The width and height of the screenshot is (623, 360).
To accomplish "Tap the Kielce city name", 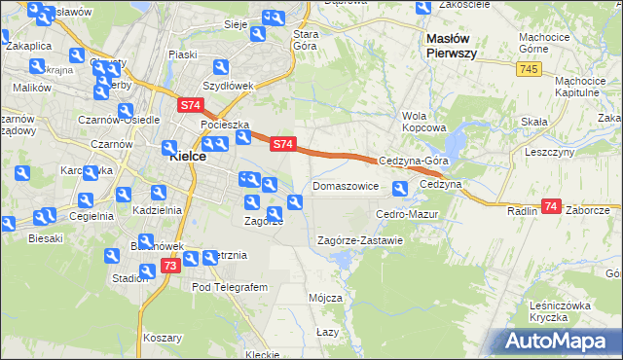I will tap(186, 156).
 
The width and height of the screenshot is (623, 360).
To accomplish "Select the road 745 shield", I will tap(529, 68).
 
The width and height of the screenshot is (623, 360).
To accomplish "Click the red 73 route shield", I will tap(169, 265).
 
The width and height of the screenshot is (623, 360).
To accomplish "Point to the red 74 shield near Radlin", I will tap(552, 206).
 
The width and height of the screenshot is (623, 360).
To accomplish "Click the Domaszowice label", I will tap(345, 185).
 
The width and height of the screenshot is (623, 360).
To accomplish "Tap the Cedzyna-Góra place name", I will tap(413, 161).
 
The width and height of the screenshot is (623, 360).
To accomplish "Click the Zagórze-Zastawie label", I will tap(360, 240).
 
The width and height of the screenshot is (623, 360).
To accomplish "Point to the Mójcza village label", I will tap(324, 297).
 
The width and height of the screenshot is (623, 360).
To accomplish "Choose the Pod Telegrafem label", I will tap(229, 288).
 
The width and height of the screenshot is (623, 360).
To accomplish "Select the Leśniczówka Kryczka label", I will tap(562, 311).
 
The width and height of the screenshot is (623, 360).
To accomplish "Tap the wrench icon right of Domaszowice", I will tap(400, 188).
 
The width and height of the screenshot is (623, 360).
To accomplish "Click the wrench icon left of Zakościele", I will tap(422, 9).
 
